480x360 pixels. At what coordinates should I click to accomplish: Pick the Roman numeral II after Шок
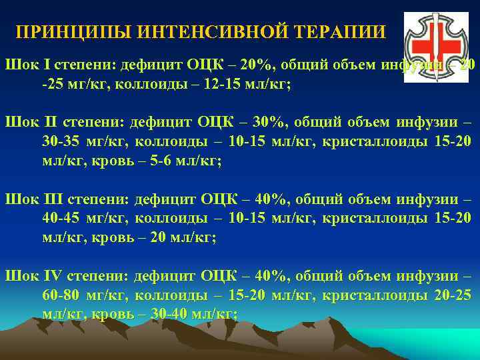(44, 123)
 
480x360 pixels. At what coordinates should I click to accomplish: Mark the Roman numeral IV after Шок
(48, 275)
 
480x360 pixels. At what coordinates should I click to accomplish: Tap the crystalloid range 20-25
(454, 295)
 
